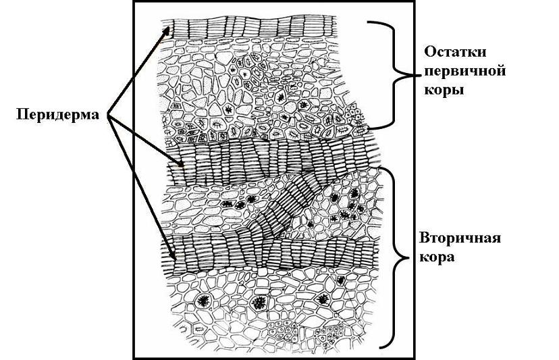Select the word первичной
464,70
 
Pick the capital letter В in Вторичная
425,240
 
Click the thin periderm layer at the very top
257,27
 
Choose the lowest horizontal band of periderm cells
270,256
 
